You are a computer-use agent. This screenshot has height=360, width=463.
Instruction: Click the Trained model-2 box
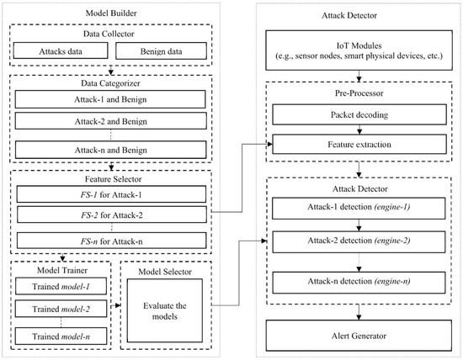click(60, 310)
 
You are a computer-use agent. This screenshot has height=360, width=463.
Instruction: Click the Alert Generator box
click(359, 336)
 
